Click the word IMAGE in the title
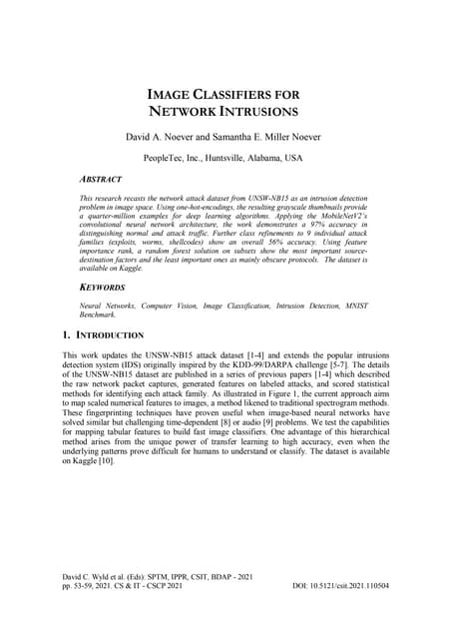(177, 94)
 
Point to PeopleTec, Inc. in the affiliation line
(173, 158)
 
